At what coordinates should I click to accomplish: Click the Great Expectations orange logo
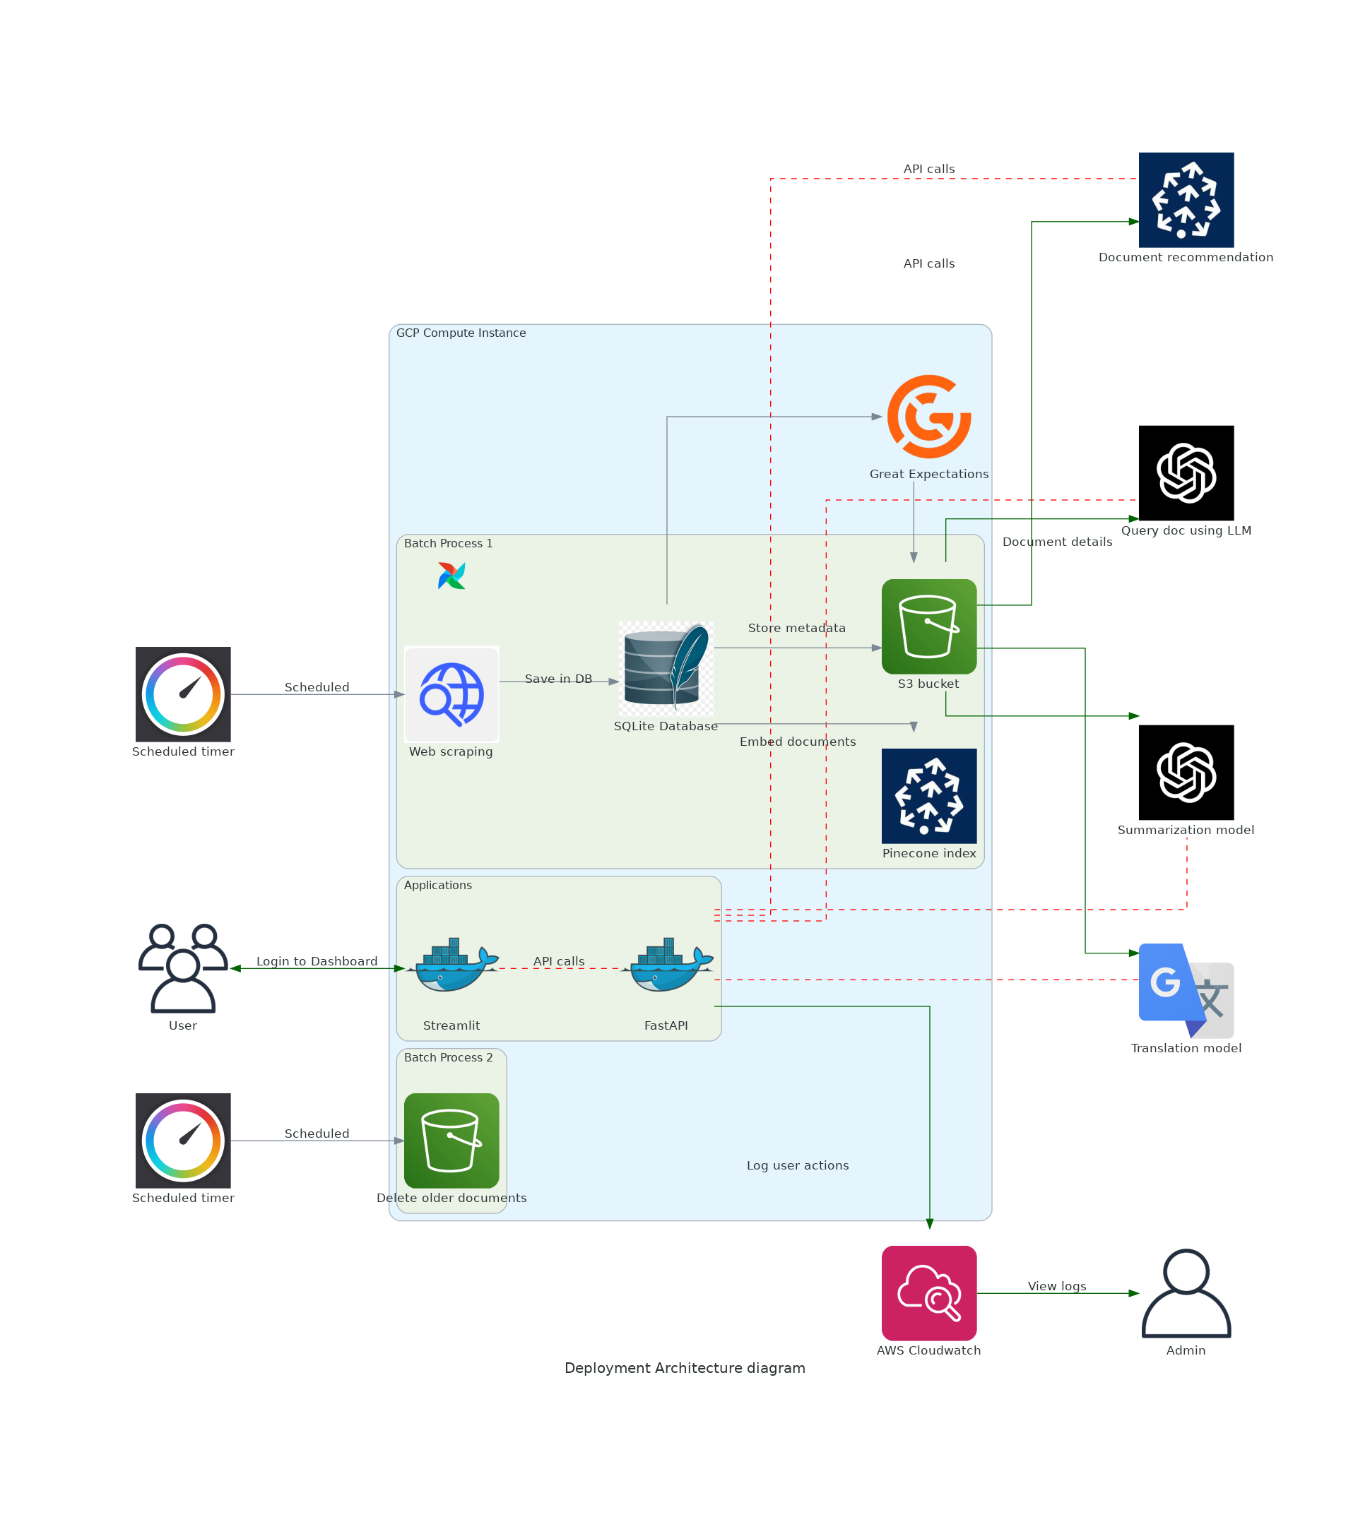coord(928,416)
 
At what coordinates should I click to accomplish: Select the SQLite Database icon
coord(666,667)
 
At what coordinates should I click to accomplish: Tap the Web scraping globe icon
coord(451,694)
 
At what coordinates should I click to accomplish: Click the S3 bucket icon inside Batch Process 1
coord(928,626)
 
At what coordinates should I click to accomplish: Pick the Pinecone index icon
coord(928,795)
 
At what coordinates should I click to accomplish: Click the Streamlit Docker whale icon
coord(451,965)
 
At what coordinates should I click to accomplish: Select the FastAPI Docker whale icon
coord(666,965)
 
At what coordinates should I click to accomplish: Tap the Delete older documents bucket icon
coord(451,1140)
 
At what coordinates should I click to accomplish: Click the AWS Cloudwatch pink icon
coord(928,1292)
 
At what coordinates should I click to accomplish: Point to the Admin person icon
coord(1186,1292)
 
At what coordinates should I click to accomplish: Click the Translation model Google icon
coord(1186,990)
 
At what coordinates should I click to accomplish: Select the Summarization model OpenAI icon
coord(1186,772)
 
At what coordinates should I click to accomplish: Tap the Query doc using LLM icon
coord(1186,472)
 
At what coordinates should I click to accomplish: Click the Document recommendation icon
coord(1186,199)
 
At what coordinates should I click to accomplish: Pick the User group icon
coord(183,967)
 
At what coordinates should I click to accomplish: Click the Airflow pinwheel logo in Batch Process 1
coord(451,576)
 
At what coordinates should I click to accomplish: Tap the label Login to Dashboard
coord(317,961)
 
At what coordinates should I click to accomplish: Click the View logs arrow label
coord(1057,1286)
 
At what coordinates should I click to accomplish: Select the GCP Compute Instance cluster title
coord(461,333)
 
